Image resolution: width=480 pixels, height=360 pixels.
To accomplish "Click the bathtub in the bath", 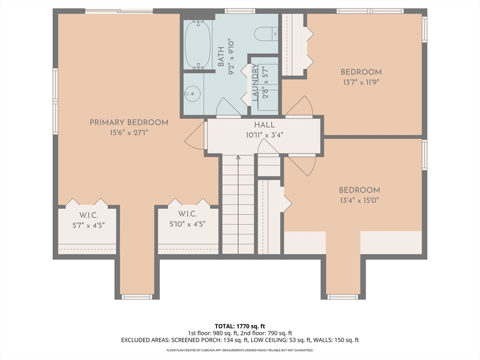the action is click(x=198, y=45).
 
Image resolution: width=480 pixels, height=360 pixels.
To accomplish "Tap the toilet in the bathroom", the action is click(x=266, y=34).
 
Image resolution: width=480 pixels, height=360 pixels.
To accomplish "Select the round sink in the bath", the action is click(x=192, y=92).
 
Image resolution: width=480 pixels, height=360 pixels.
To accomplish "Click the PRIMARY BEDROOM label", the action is click(x=129, y=122).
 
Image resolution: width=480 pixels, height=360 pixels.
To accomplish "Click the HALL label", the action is click(x=264, y=125).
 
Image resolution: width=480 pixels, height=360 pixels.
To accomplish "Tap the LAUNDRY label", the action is click(x=255, y=82).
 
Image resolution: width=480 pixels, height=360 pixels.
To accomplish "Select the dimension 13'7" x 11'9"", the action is click(x=361, y=82).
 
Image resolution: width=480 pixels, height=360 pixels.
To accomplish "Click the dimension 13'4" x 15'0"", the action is click(x=360, y=201).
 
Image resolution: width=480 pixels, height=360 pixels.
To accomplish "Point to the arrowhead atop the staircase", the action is click(x=238, y=157).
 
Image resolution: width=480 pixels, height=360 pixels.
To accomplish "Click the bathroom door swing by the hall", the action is click(x=228, y=106).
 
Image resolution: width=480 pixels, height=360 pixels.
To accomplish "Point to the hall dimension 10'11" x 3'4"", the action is click(x=264, y=135).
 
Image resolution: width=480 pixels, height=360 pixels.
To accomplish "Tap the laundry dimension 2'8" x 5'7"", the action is click(x=265, y=82).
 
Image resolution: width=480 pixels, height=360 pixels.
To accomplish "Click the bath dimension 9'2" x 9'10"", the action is click(x=231, y=57).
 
